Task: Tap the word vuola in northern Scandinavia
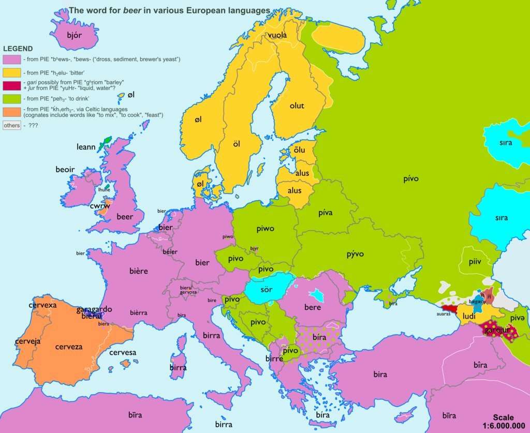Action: click(277, 35)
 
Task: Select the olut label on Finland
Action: click(297, 106)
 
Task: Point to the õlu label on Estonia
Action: click(299, 151)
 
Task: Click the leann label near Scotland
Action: click(86, 147)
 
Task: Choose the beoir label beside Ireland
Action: click(65, 169)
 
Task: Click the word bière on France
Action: click(139, 271)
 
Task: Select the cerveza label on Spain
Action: click(69, 347)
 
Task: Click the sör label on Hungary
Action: click(266, 289)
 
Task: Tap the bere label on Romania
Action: click(313, 307)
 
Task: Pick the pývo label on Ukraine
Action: click(355, 254)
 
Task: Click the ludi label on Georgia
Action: click(469, 316)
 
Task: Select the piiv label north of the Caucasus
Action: click(475, 262)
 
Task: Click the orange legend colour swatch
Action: click(11, 112)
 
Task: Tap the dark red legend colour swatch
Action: click(11, 85)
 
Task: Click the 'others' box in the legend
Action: click(11, 125)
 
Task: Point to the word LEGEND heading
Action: click(18, 49)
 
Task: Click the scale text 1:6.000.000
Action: click(503, 426)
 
